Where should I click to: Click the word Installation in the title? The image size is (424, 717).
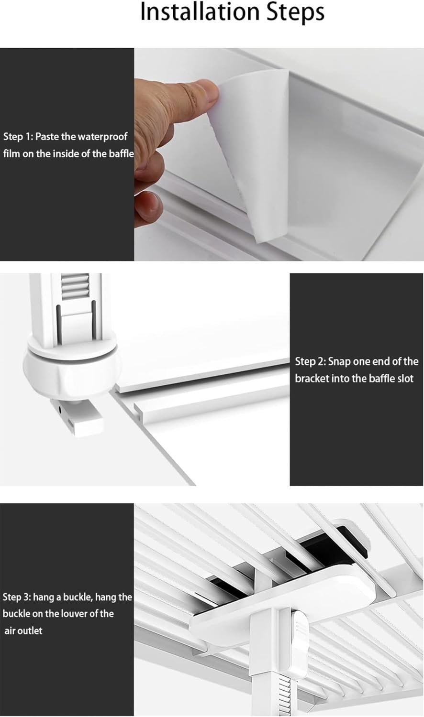pos(200,12)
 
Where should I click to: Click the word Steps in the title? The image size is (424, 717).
pos(295,13)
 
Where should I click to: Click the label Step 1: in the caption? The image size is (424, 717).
pos(18,137)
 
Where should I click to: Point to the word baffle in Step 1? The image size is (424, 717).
pos(121,153)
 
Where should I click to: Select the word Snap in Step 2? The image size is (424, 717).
pos(339,362)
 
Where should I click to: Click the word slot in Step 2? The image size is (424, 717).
pos(405,379)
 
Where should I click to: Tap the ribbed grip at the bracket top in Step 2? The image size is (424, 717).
pos(75,286)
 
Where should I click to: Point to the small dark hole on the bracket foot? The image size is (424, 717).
pos(60,409)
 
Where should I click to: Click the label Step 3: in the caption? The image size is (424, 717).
pos(17,597)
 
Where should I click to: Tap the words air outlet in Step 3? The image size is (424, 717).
pos(23,630)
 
